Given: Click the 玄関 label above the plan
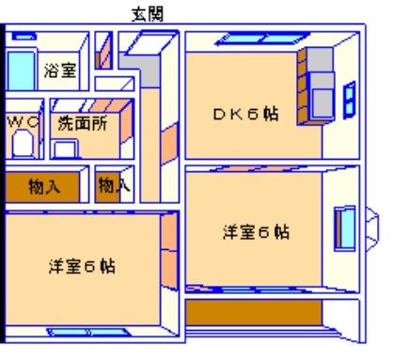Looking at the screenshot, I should tap(147, 13).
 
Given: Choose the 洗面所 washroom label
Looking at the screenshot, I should tap(82, 122).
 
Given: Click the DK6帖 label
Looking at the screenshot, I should tap(244, 115).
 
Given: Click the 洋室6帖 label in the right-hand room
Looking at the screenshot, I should tap(256, 232).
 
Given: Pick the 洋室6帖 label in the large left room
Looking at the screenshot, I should tap(83, 266).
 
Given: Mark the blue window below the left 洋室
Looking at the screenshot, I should tap(75, 331).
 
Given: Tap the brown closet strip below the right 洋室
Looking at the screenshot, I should tap(254, 311).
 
